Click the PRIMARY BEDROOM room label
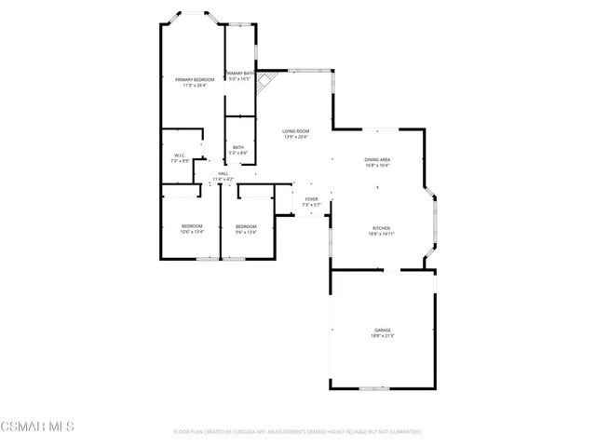pyautogui.click(x=195, y=80)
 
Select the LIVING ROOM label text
pyautogui.click(x=295, y=131)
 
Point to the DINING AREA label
pyautogui.click(x=377, y=160)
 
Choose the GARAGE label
pyautogui.click(x=382, y=331)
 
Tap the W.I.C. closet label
pyautogui.click(x=180, y=156)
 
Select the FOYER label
pyautogui.click(x=311, y=198)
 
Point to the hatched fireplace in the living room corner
pyautogui.click(x=265, y=82)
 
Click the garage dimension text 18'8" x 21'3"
pyautogui.click(x=382, y=336)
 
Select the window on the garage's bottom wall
pyautogui.click(x=374, y=386)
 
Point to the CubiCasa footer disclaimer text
pyautogui.click(x=298, y=432)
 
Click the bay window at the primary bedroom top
pyautogui.click(x=194, y=13)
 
